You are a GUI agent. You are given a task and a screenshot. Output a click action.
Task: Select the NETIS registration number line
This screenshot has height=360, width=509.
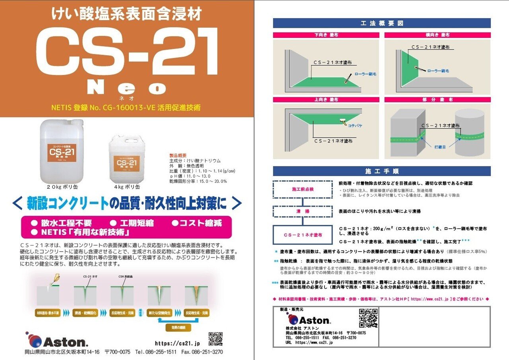[x=126, y=107]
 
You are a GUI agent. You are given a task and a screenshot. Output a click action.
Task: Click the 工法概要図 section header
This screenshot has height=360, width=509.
[x=382, y=23]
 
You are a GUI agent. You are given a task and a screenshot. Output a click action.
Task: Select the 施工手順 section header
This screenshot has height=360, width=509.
[x=382, y=171]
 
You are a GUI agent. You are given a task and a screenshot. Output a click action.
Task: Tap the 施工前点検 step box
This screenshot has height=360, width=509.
[x=302, y=189]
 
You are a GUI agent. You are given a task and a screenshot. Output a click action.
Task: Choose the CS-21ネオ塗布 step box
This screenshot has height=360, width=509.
[x=303, y=235]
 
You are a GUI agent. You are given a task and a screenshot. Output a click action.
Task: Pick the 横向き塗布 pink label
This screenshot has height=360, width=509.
[x=437, y=35]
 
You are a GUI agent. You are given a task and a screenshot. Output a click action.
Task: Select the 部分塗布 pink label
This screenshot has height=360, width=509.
[x=437, y=100]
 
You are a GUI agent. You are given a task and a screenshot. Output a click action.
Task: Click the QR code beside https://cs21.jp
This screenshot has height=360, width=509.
[x=216, y=339]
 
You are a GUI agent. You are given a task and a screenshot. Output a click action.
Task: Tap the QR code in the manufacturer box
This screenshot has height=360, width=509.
[x=368, y=318]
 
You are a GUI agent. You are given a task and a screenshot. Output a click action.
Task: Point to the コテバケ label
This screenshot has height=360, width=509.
[x=355, y=126]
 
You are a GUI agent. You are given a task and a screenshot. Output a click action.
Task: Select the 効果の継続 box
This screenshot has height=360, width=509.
[x=178, y=327]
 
